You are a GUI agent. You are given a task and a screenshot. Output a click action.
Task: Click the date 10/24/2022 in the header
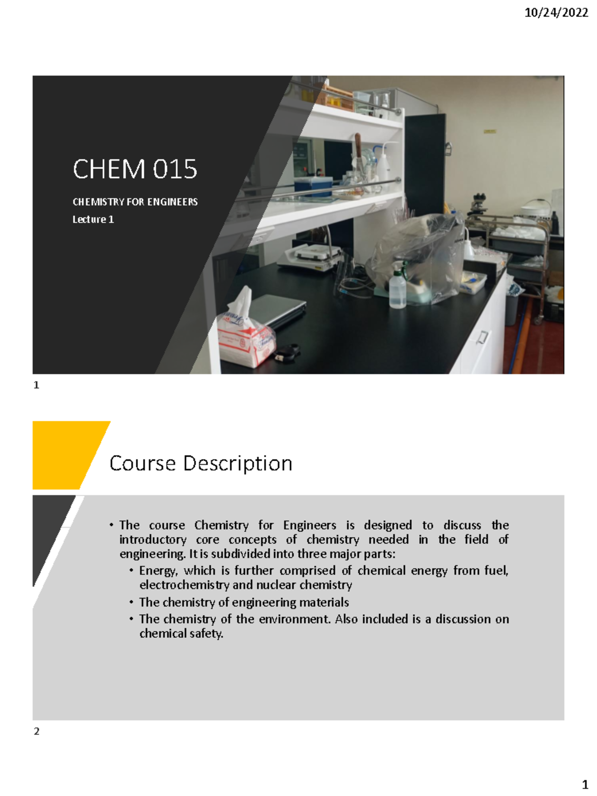[x=556, y=13]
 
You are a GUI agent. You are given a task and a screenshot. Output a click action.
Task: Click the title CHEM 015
[x=135, y=169]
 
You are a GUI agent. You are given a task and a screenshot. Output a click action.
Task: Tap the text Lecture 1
[x=93, y=219]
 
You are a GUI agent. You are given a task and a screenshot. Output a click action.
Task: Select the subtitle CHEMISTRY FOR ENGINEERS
[x=135, y=202]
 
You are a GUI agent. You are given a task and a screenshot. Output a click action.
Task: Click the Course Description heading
[x=200, y=463]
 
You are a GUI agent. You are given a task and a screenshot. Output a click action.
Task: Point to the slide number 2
[x=36, y=731]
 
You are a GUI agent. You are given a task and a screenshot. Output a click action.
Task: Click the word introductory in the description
[x=153, y=540]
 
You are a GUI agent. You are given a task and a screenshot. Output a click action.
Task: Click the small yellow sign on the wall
[x=490, y=131]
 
